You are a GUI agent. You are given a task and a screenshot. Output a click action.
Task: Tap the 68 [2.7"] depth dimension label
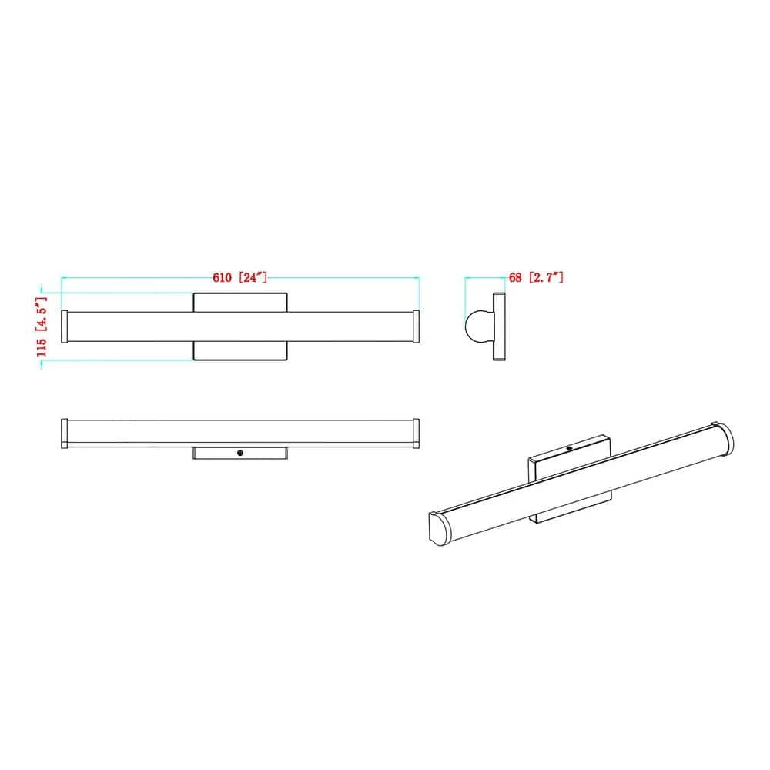[536, 276]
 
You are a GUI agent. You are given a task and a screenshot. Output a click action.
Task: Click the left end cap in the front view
[65, 326]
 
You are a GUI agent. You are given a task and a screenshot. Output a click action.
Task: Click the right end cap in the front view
[416, 326]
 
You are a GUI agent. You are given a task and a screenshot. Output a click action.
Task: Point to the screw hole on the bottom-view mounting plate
[240, 454]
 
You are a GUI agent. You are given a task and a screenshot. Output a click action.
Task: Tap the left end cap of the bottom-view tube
[65, 433]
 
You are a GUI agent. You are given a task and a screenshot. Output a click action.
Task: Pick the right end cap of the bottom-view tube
[416, 433]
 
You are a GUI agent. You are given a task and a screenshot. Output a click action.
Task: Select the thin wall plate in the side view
[500, 326]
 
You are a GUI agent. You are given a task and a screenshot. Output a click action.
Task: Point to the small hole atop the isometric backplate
[569, 447]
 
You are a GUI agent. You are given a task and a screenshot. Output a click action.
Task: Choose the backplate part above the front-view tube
[240, 301]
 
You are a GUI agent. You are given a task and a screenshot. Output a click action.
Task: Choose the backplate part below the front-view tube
[240, 351]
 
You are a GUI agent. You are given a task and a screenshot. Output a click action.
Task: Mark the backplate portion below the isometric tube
[574, 509]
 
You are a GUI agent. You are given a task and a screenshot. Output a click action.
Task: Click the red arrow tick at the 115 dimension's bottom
[42, 364]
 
